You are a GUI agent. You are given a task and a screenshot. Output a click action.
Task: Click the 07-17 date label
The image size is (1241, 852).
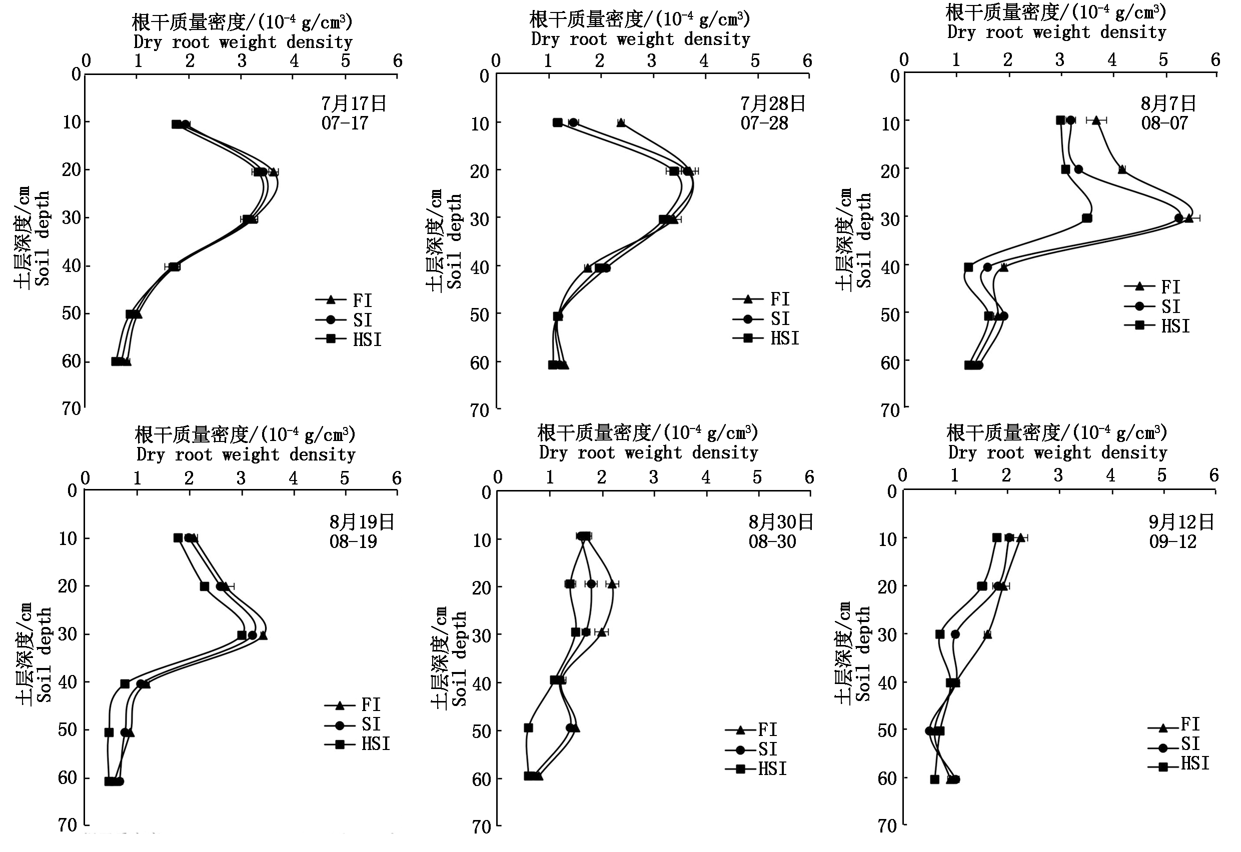345,123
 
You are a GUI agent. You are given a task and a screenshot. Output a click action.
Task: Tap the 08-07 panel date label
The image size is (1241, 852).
1164,123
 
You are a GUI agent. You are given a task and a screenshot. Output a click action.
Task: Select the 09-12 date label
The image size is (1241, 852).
1172,541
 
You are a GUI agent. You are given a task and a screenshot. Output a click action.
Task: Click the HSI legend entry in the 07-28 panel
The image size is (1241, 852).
784,338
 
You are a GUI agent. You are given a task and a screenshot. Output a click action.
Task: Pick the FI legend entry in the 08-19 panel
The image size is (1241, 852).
371,705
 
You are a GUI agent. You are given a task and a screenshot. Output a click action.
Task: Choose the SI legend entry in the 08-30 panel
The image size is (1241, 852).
767,749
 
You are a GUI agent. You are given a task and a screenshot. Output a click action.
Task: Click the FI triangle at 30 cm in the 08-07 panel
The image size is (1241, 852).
1188,218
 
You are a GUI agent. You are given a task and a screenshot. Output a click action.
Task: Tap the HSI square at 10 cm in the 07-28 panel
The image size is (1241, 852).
558,123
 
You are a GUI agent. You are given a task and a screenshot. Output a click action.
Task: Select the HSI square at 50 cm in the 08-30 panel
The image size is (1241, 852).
528,727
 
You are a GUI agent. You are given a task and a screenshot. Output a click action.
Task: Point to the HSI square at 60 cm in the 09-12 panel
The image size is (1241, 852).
934,779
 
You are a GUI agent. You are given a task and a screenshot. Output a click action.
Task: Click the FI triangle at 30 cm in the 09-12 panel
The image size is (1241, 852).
987,634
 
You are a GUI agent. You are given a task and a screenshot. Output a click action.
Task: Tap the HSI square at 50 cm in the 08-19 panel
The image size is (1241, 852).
109,732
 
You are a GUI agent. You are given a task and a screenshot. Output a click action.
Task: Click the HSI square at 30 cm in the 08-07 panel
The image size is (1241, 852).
1086,218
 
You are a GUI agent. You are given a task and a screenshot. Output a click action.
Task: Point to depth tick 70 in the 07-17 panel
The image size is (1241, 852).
71,409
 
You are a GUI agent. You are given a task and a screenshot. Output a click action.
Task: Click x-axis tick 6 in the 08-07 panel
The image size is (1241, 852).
1215,60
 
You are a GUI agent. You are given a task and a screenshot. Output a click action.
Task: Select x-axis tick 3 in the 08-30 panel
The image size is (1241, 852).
654,477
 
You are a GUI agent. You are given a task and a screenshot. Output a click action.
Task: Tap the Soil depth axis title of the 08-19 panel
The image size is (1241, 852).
44,654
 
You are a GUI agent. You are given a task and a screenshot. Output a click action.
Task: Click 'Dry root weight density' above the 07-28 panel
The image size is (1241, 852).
640,39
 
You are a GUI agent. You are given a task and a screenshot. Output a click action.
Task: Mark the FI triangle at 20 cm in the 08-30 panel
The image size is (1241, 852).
612,583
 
